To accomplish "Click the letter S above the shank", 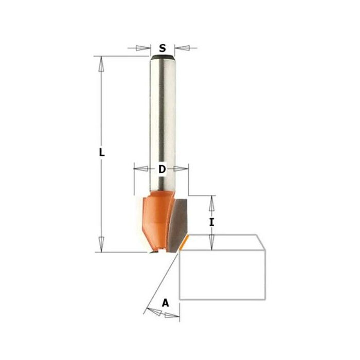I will tap(163, 49).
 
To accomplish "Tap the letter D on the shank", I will tap(161, 169).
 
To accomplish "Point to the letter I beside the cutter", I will tap(211, 222).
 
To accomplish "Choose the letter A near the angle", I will tap(165, 303).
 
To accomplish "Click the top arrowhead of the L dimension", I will tap(102, 63).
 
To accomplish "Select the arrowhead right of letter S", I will tap(181, 49).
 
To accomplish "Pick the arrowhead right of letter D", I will tap(182, 168).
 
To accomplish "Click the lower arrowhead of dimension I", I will tap(210, 242).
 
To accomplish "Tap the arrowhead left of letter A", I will tap(152, 310).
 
